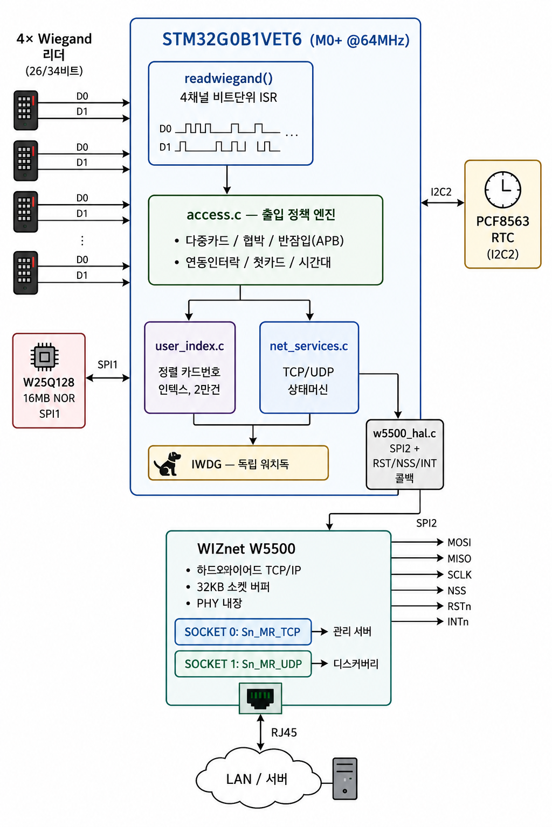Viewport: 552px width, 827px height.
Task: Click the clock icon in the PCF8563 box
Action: coord(502,190)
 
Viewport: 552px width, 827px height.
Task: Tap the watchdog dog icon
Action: coord(168,464)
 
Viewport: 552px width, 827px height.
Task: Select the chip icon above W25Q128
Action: coord(44,356)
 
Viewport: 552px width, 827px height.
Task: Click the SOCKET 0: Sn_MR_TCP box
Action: coord(243,632)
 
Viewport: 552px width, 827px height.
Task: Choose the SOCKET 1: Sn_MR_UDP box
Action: coord(243,664)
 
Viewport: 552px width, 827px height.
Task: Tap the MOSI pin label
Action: coord(459,542)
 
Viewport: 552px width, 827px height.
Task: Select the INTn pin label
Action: coord(458,622)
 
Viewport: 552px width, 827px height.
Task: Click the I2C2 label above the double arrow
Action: coord(441,192)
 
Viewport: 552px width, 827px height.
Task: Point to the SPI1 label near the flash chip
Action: coord(107,365)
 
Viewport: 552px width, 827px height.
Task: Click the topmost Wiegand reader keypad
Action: coord(25,110)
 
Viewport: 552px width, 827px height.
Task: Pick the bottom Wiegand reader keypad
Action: coord(25,272)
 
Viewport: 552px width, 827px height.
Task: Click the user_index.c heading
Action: coord(190,346)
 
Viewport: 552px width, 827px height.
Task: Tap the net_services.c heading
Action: coord(309,346)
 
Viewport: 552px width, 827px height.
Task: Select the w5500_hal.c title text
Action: coord(404,433)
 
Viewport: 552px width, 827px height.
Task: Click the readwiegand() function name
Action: coord(229,79)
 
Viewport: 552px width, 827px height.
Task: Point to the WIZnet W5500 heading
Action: coord(246,549)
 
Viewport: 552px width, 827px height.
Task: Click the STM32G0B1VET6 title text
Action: coord(232,39)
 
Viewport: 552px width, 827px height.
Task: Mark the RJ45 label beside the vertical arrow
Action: coord(284,732)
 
